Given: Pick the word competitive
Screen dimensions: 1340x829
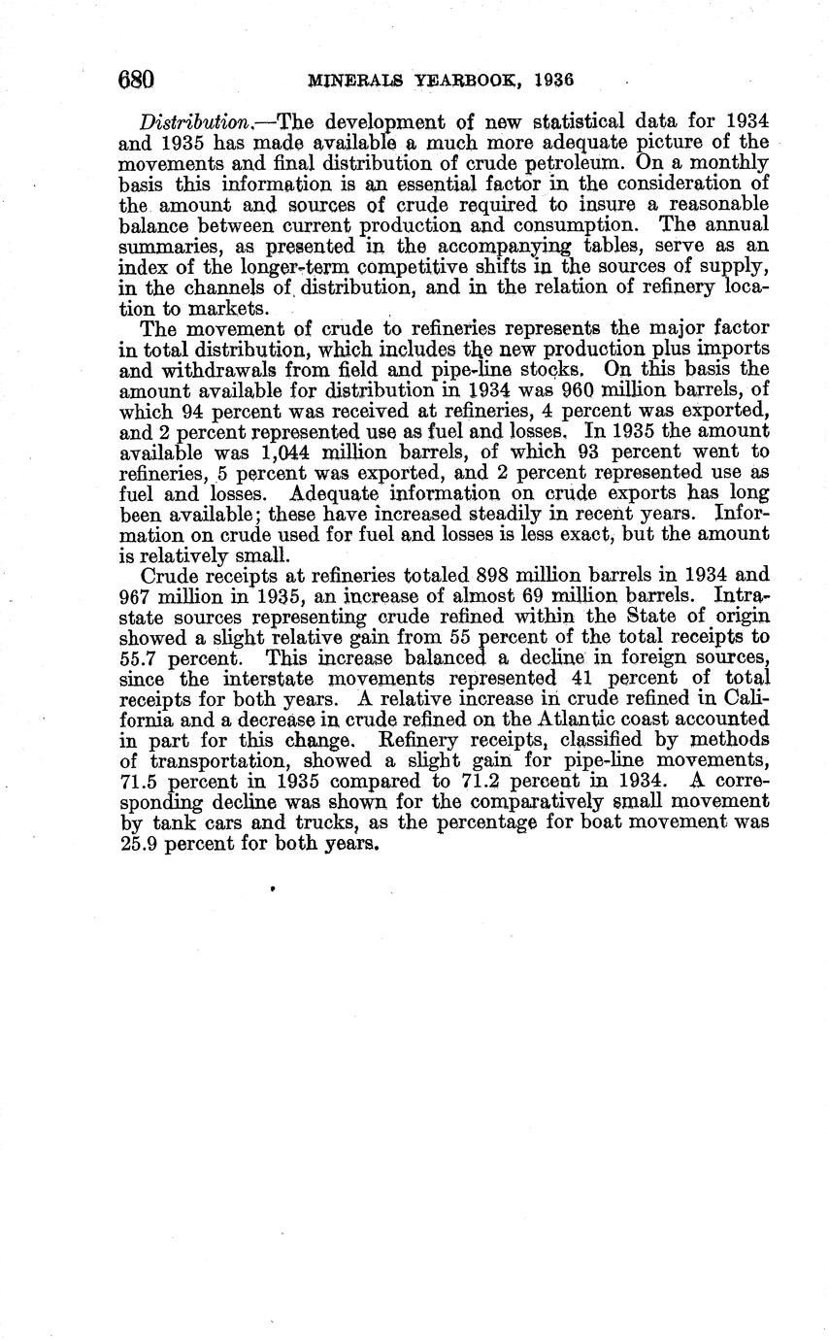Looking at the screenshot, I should pyautogui.click(x=418, y=268).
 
